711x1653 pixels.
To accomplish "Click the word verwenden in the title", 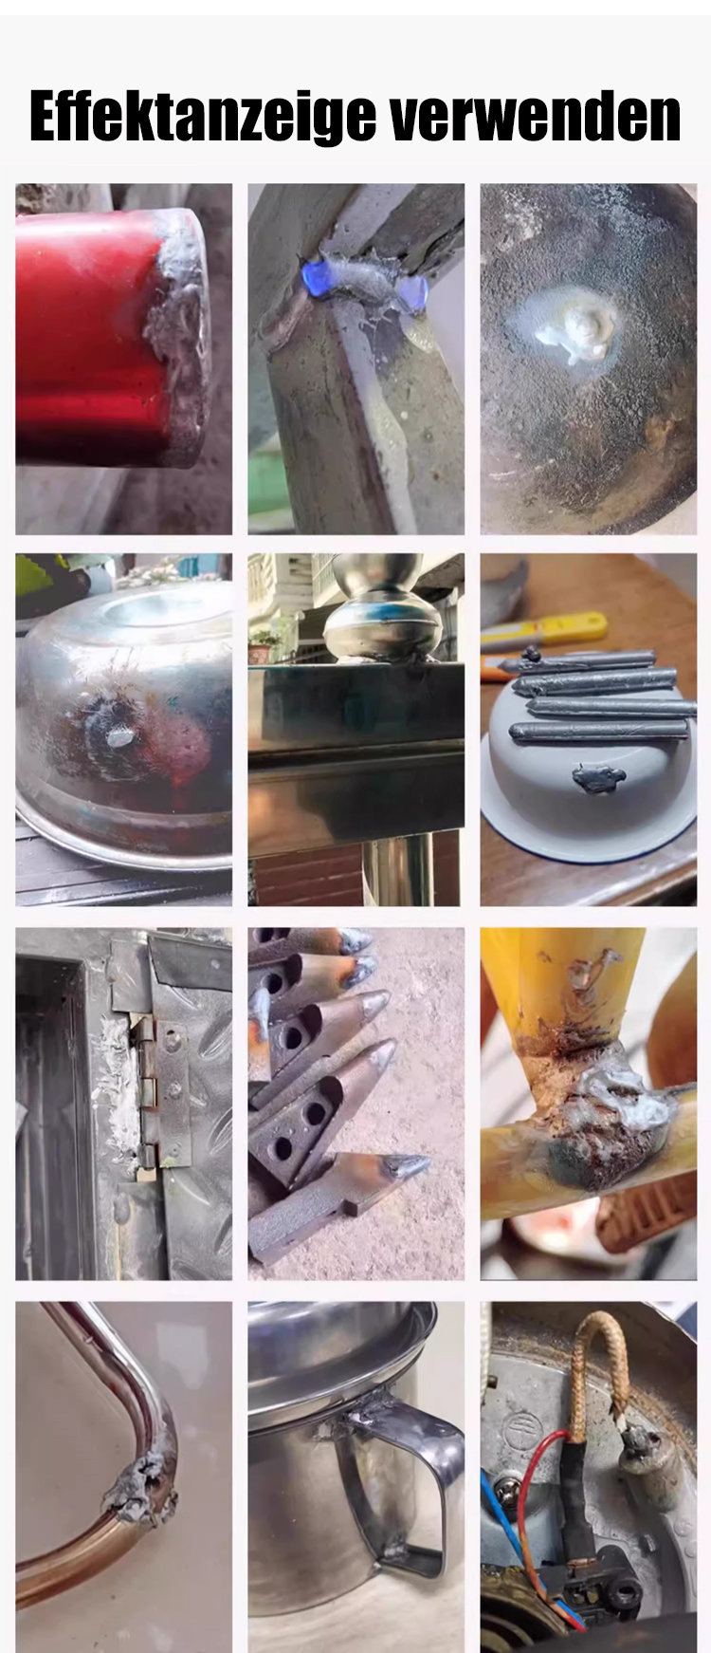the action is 536,118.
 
